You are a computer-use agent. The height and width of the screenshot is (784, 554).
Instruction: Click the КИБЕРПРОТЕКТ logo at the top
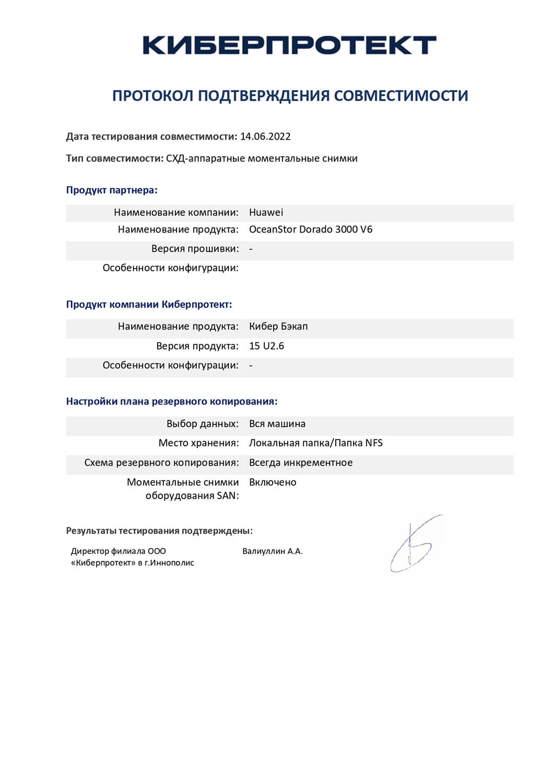(x=289, y=45)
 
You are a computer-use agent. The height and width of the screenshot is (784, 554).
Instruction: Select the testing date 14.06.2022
(x=265, y=136)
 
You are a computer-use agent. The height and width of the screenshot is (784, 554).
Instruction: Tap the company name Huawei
(x=266, y=212)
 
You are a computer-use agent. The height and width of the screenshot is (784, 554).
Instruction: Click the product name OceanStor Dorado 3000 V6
(x=311, y=229)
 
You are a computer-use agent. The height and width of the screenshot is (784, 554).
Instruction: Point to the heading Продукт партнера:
(x=112, y=190)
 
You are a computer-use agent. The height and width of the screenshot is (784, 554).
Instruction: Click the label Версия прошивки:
(x=195, y=249)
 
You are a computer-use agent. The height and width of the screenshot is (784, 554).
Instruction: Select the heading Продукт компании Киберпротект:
(x=149, y=304)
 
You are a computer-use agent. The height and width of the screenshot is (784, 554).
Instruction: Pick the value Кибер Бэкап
(x=278, y=327)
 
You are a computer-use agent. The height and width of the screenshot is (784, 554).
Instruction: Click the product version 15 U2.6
(x=266, y=346)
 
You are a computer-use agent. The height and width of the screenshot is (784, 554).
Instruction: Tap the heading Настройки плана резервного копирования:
(x=172, y=401)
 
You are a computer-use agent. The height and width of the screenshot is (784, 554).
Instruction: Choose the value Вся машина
(x=277, y=424)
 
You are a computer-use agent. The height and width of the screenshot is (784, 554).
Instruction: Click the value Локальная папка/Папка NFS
(x=315, y=443)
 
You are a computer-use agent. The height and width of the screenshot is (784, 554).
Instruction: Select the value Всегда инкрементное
(x=301, y=463)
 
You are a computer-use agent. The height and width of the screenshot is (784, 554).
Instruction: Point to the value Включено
(x=273, y=482)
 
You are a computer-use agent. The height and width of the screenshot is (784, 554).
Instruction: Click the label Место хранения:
(x=198, y=443)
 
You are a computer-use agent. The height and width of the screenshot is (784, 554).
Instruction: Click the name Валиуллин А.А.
(x=273, y=551)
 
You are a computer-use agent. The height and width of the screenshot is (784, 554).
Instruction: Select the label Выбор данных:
(x=203, y=424)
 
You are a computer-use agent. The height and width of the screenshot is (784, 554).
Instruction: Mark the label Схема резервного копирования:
(x=161, y=463)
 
